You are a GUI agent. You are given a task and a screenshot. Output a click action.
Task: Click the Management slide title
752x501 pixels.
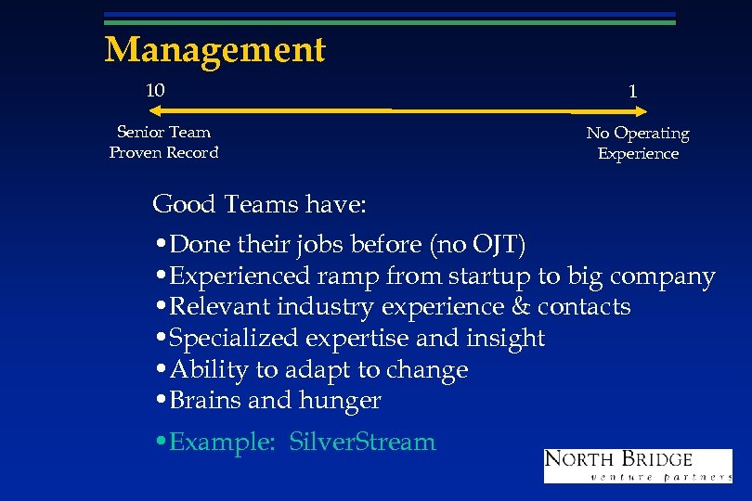click(x=214, y=49)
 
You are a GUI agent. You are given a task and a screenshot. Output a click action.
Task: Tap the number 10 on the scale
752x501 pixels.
click(x=155, y=90)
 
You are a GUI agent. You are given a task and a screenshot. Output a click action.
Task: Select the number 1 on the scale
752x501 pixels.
click(x=632, y=91)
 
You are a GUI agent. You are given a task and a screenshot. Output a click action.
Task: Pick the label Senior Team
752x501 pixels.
click(x=163, y=132)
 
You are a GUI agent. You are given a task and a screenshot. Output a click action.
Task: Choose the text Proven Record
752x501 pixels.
click(x=163, y=152)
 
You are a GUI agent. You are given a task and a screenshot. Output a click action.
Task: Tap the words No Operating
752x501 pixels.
click(x=637, y=134)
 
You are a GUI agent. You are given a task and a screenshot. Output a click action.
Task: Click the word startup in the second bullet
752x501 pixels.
click(x=486, y=276)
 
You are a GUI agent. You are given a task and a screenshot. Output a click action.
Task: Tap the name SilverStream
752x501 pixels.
click(x=362, y=442)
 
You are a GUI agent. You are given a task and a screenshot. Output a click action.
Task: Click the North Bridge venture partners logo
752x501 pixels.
click(x=637, y=465)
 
